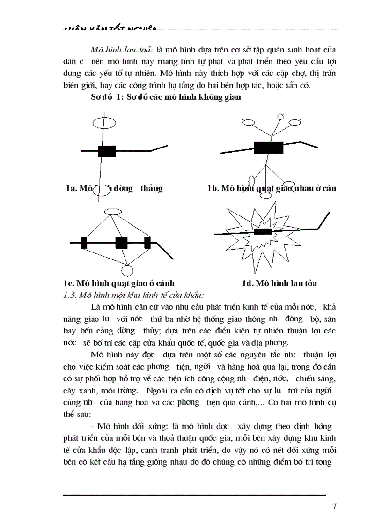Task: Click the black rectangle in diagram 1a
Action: (x=107, y=151)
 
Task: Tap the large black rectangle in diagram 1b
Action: (x=268, y=147)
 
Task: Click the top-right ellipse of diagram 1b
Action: (x=294, y=122)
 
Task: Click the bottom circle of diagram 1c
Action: (x=127, y=270)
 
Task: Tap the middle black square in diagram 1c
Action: (x=121, y=243)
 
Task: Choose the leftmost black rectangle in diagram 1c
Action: (x=84, y=243)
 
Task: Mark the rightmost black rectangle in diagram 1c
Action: (x=147, y=243)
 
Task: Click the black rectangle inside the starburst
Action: (x=262, y=231)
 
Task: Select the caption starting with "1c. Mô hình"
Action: (x=119, y=283)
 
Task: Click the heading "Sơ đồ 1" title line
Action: (x=166, y=97)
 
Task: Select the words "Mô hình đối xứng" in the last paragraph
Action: (x=129, y=427)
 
